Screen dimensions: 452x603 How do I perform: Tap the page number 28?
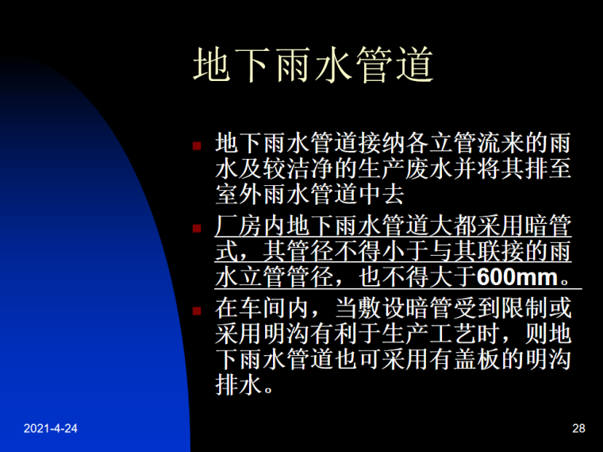coord(578,430)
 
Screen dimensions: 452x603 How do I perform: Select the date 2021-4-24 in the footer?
coord(51,430)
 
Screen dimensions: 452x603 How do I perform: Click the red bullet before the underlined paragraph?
coord(198,228)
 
